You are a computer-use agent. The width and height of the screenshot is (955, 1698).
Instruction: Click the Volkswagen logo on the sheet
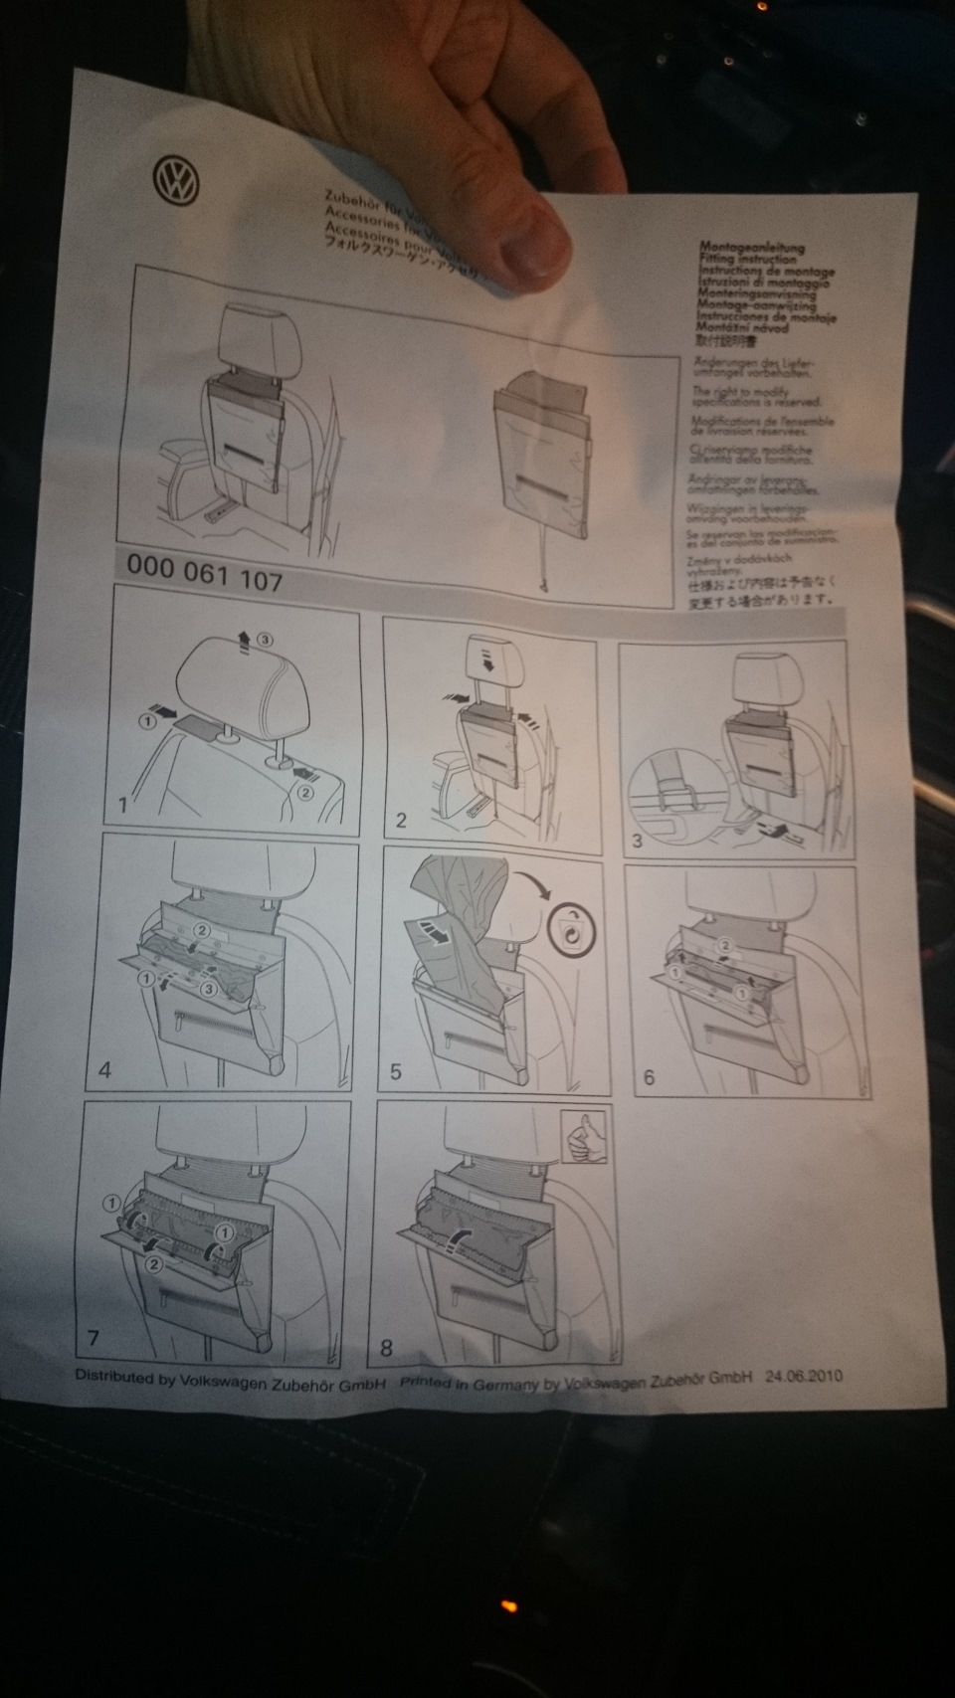(176, 182)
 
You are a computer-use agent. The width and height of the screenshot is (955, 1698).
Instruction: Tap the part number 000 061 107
(205, 572)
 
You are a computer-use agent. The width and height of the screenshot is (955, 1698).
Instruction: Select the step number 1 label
(123, 805)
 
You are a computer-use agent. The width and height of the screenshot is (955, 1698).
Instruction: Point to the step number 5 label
(396, 1072)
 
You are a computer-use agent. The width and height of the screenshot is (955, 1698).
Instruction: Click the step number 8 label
(387, 1349)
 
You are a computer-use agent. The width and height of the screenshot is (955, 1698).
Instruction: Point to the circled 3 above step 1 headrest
(265, 640)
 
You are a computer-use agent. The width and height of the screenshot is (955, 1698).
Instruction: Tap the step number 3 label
(638, 841)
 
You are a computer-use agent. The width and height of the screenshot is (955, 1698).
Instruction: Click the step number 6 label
(650, 1078)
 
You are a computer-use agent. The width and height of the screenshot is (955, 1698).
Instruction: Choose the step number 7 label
(94, 1338)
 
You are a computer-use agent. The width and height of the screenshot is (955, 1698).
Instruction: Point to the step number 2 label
(401, 821)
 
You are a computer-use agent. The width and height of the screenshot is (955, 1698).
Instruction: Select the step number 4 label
(105, 1071)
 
